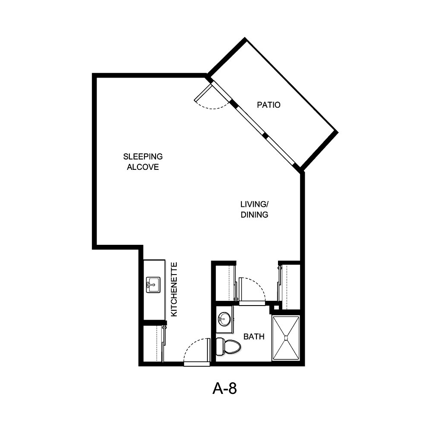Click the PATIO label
(x=269, y=105)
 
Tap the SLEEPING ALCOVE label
(x=143, y=162)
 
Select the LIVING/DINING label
(x=254, y=209)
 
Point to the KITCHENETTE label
(x=174, y=289)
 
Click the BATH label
(x=254, y=337)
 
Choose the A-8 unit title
(x=225, y=389)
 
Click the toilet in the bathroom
(x=228, y=347)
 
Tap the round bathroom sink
(x=224, y=319)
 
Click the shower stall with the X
(x=285, y=338)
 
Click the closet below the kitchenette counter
(x=152, y=344)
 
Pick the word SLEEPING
(x=143, y=156)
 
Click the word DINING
(x=254, y=215)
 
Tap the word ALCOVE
(x=143, y=167)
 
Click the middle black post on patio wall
(x=265, y=136)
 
